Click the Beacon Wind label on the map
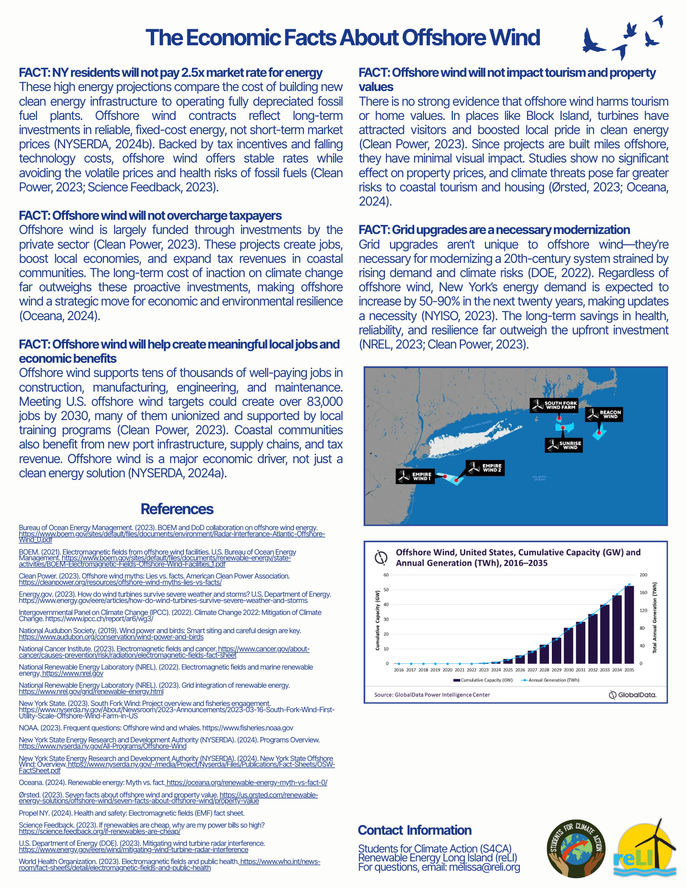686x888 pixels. pos(604,414)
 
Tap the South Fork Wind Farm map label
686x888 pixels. pos(554,405)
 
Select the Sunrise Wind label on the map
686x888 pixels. pos(564,445)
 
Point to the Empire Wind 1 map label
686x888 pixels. pos(415,476)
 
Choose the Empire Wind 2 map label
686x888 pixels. pos(485,468)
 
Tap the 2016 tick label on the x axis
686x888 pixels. pos(399,670)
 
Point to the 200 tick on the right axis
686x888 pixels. pos(643,575)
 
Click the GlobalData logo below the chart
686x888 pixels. pos(633,695)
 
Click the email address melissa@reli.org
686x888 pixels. pos(484,867)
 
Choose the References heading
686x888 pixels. pos(177,509)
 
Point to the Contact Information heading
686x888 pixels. pos(415,830)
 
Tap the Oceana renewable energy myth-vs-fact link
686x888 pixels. pos(247,782)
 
